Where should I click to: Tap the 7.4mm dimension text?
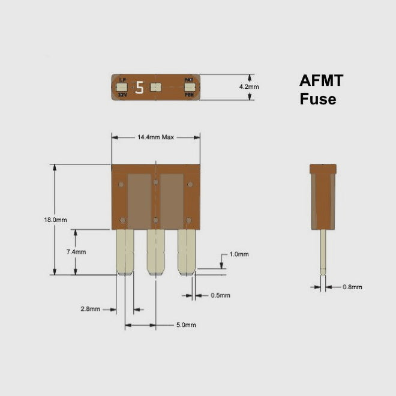tap(76, 252)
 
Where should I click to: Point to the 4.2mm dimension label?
tap(249, 87)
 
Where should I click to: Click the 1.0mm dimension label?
tap(239, 254)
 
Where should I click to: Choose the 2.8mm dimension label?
tap(91, 310)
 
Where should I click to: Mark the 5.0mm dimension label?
tap(186, 325)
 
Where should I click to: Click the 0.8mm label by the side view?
tap(352, 287)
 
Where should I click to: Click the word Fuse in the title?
tap(318, 100)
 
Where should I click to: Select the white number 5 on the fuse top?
tap(140, 88)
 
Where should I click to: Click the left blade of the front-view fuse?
tap(124, 252)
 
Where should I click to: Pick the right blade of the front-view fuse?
tap(187, 252)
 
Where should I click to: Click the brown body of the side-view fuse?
tap(323, 198)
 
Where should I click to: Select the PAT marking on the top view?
tap(188, 80)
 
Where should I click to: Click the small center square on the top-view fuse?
tap(155, 88)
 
